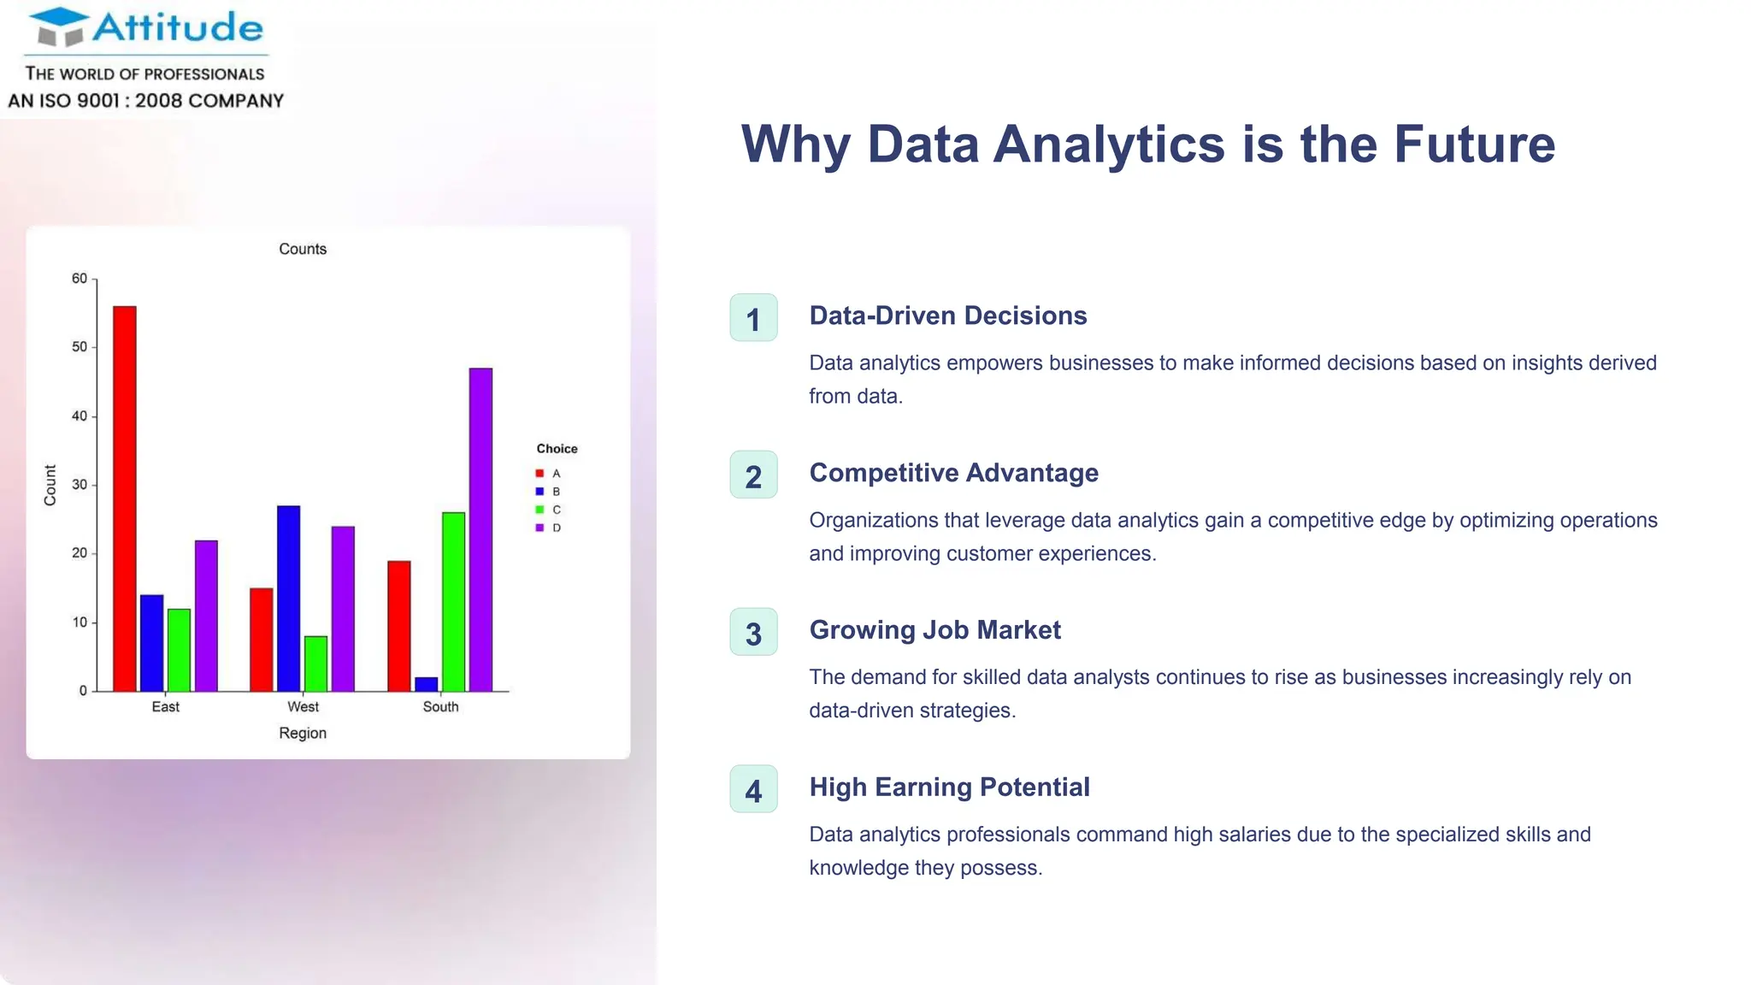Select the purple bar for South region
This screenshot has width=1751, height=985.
pyautogui.click(x=480, y=530)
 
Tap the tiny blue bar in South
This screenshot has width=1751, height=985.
pyautogui.click(x=427, y=684)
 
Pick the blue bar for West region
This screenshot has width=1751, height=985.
pyautogui.click(x=289, y=599)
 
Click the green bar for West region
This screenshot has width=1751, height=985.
pyautogui.click(x=315, y=664)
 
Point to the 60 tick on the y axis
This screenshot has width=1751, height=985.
pyautogui.click(x=80, y=279)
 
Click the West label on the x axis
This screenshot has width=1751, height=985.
pyautogui.click(x=303, y=707)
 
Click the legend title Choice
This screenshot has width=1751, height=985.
pyautogui.click(x=557, y=449)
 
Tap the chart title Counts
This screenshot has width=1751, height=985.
pyautogui.click(x=303, y=249)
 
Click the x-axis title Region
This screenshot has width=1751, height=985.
pyautogui.click(x=303, y=734)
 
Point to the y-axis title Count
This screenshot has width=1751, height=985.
pyautogui.click(x=50, y=485)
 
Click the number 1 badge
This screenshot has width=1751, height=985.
pyautogui.click(x=753, y=318)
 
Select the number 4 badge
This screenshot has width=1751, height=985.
pyautogui.click(x=753, y=789)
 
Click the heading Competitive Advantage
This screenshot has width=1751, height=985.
pyautogui.click(x=953, y=473)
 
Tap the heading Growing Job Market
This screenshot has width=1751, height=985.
pyautogui.click(x=934, y=630)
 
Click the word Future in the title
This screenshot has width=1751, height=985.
pyautogui.click(x=1474, y=144)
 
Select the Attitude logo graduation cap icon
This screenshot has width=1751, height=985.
pyautogui.click(x=60, y=27)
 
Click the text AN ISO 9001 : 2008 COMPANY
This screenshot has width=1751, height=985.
pyautogui.click(x=146, y=101)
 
